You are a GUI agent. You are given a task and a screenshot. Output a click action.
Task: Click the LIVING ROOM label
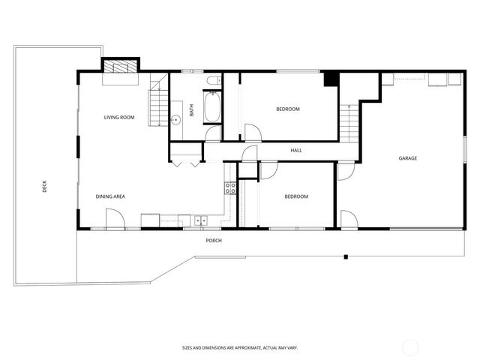(x=119, y=118)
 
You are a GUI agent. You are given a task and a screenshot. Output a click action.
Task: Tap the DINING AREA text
(x=110, y=196)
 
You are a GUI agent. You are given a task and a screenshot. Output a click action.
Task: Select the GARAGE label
(x=408, y=158)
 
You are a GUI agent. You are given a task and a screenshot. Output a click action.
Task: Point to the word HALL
(x=296, y=151)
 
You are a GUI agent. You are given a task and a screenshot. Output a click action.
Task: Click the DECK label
(x=45, y=186)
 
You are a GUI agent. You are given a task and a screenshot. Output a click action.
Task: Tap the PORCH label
(x=214, y=240)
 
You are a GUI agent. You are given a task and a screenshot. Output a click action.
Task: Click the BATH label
(x=192, y=109)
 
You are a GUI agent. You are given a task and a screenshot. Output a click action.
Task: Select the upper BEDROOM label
(x=288, y=109)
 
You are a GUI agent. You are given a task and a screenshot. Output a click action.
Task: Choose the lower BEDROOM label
(x=296, y=196)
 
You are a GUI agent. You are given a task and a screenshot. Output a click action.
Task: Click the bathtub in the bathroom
(x=212, y=107)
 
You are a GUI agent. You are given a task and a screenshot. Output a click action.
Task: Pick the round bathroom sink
(x=177, y=119)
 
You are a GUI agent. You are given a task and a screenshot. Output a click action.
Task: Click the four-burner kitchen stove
(x=231, y=188)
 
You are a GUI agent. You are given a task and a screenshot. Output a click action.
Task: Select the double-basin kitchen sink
(x=200, y=220)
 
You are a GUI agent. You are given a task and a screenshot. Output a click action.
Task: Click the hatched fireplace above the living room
(x=121, y=67)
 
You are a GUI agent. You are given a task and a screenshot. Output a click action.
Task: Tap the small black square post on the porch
(x=346, y=257)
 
